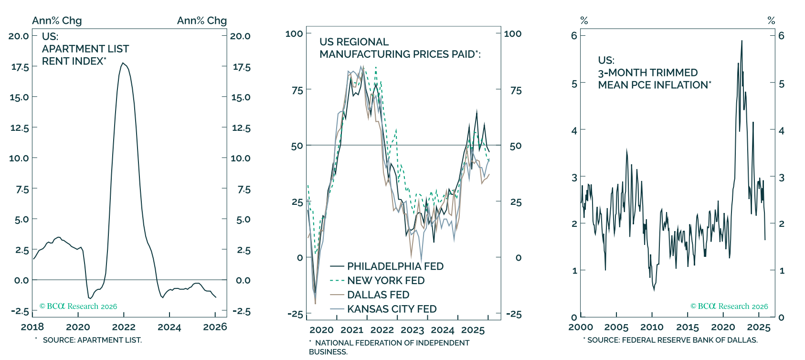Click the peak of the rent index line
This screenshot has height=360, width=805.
pyautogui.click(x=123, y=63)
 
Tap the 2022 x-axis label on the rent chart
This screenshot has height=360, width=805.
pyautogui.click(x=124, y=327)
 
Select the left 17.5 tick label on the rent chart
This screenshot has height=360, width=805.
pyautogui.click(x=20, y=67)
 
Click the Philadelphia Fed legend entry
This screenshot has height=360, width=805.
pyautogui.click(x=387, y=266)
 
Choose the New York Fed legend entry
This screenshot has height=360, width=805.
pyautogui.click(x=378, y=281)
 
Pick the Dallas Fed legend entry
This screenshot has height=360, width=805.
pyautogui.click(x=370, y=295)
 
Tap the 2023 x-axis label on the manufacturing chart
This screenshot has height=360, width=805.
pyautogui.click(x=413, y=330)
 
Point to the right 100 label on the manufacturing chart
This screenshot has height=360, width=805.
pyautogui.click(x=512, y=33)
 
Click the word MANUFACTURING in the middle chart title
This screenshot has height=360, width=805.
pyautogui.click(x=360, y=54)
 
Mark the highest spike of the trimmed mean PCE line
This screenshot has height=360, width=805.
pyautogui.click(x=741, y=41)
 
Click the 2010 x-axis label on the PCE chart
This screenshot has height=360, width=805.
pyautogui.click(x=652, y=327)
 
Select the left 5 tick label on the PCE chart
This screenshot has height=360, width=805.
pyautogui.click(x=574, y=84)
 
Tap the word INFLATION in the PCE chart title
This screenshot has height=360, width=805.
pyautogui.click(x=686, y=85)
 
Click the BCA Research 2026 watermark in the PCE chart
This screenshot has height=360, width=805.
pyautogui.click(x=729, y=306)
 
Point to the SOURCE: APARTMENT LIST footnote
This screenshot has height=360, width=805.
pyautogui.click(x=92, y=340)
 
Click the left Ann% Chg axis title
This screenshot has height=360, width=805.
pyautogui.click(x=57, y=21)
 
